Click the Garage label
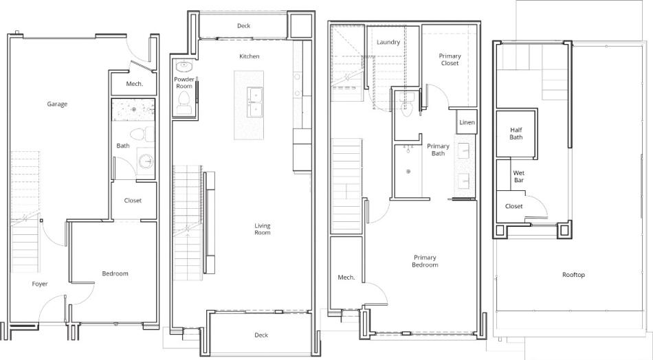tap(57, 104)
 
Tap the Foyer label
tap(40, 284)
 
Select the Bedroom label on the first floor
tap(115, 273)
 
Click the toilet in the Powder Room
tap(184, 102)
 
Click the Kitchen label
tap(250, 56)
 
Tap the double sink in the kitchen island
tap(254, 102)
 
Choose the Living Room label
tap(263, 229)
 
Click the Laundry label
tap(388, 42)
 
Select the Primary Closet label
tap(450, 60)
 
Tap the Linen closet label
tap(467, 122)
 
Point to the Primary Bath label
tap(438, 150)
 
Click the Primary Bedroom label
tap(425, 261)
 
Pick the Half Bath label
tap(516, 133)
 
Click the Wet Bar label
tap(519, 177)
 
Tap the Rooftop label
tap(573, 275)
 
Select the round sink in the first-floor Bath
tap(146, 161)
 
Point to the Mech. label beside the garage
tap(135, 84)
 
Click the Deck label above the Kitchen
tap(243, 26)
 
